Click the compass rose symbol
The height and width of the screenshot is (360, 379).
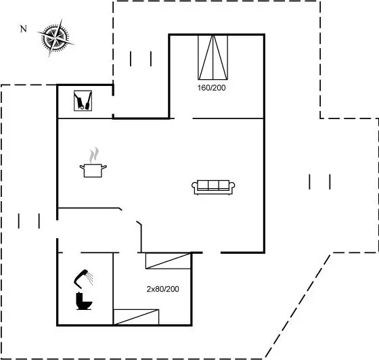coord(55,38)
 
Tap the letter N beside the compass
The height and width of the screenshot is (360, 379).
coord(23,29)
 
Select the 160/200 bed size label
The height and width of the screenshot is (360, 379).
coord(211,88)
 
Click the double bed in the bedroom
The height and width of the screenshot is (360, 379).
coord(213,58)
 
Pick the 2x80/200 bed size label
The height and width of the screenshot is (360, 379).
coord(162,289)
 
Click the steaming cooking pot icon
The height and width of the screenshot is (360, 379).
coord(93,162)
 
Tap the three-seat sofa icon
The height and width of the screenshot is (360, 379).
coord(213,187)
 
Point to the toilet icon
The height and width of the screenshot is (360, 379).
coord(84,301)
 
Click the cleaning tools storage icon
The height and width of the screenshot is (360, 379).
coord(83,101)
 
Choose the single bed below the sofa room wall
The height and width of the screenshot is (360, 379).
coord(168,261)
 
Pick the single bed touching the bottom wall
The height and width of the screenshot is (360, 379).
coord(136,317)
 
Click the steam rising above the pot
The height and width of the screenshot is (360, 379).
coord(94,155)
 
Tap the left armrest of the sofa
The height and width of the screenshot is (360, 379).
coord(195,187)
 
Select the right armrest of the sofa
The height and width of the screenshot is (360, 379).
coord(232,187)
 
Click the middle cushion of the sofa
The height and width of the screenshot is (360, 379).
coord(213,185)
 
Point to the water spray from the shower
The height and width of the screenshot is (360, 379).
coord(91,278)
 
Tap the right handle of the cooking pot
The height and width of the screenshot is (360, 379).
coord(104,167)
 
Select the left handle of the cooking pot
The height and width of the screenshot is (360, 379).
coord(82,167)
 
